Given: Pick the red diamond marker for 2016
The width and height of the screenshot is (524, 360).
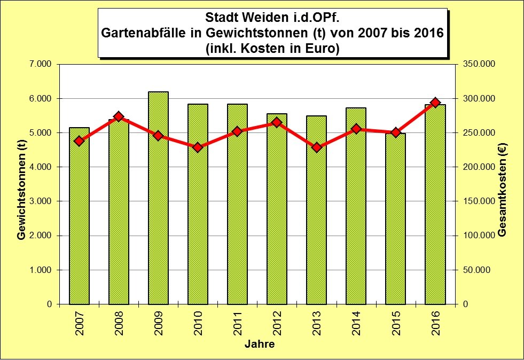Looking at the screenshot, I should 435,103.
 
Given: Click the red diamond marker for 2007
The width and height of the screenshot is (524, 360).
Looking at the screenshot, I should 79,141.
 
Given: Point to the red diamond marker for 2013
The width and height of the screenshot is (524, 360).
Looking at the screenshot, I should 316,147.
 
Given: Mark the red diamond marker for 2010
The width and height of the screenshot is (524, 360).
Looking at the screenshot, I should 198,147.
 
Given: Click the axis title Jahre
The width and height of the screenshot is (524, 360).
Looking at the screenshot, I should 260,345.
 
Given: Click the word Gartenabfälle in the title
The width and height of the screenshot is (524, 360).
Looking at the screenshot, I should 143,33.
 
